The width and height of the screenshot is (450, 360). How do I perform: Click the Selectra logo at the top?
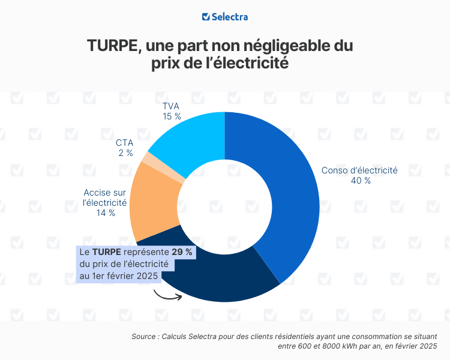[x=225, y=17]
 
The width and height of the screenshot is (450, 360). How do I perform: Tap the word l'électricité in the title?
[x=256, y=63]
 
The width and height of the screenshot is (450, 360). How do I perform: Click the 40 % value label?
[x=360, y=181]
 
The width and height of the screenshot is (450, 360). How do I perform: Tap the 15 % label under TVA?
[x=172, y=116]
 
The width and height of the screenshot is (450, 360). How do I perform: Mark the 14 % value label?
[x=105, y=213]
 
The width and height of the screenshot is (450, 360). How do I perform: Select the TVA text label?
[x=172, y=106]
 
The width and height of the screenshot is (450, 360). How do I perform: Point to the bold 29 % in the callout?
[x=182, y=253]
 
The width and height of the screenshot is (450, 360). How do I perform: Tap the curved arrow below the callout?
[x=167, y=294]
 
